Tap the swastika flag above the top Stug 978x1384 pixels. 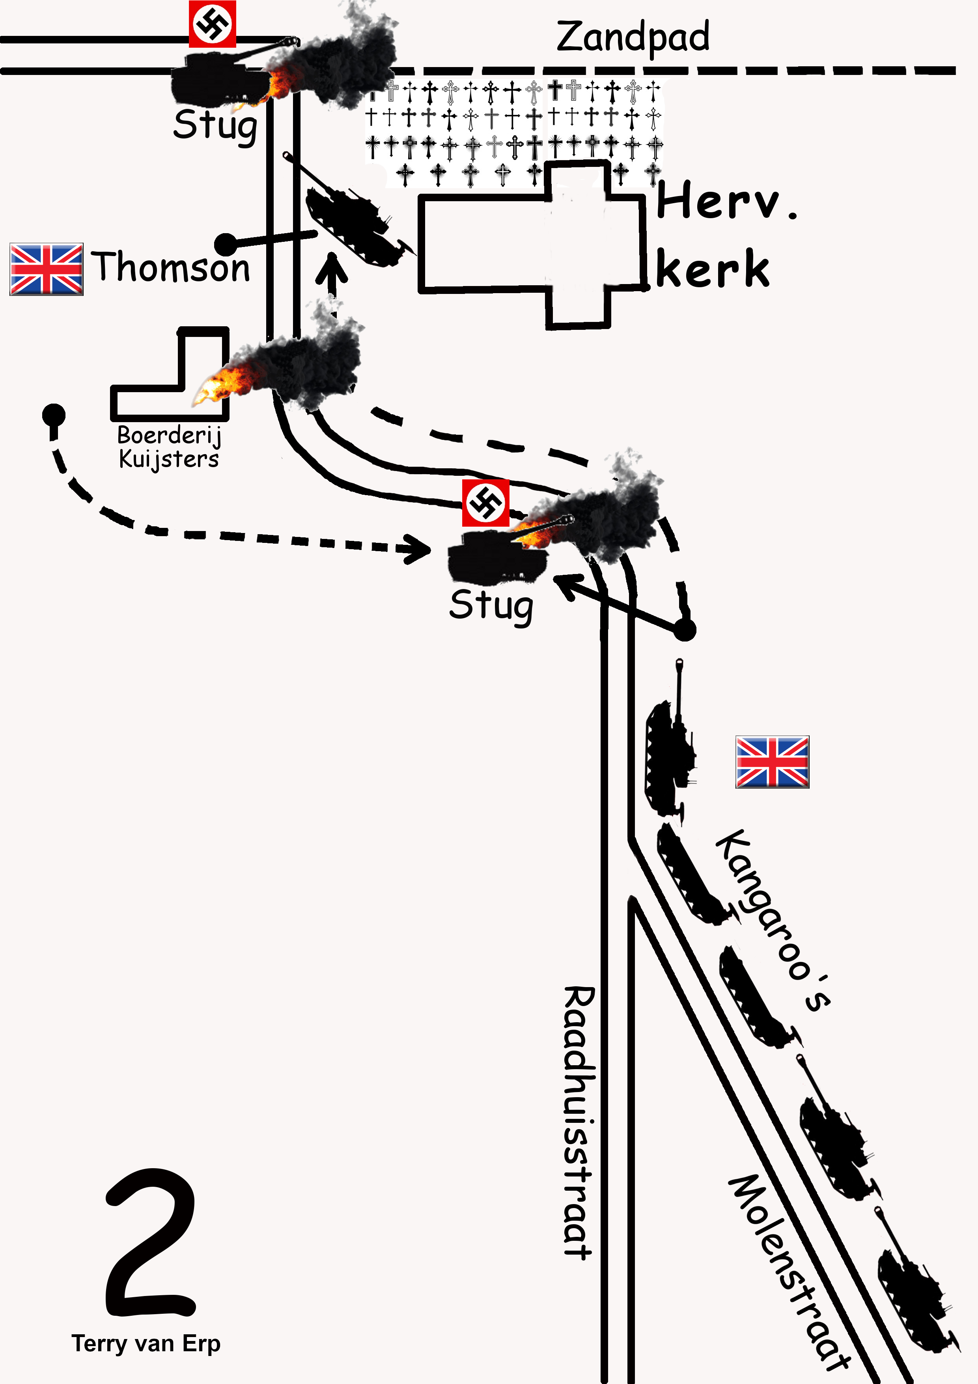tap(212, 24)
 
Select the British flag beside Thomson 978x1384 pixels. tap(47, 269)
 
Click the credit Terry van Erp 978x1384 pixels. tap(146, 1344)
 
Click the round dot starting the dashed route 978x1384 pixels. tap(54, 414)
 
